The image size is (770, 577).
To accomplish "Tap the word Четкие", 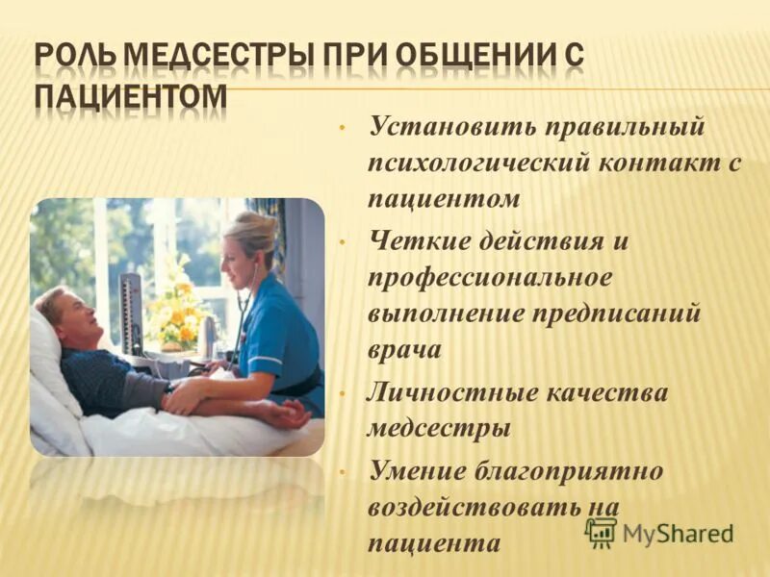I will (416, 241).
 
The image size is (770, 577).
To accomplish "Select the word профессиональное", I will (489, 278).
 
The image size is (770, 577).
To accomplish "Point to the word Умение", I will (417, 470).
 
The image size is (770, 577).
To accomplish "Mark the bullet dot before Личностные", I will (342, 392).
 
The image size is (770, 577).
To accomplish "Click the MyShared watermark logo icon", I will (602, 532).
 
